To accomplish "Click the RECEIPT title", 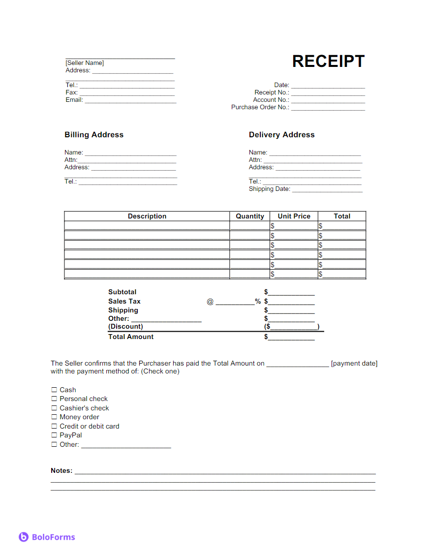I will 328,62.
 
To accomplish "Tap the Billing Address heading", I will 94,135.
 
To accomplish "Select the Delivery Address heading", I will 281,135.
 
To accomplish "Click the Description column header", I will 147,216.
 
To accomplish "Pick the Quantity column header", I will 250,216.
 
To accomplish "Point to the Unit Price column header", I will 294,216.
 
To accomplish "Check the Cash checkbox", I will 54,390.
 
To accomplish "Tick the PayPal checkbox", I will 54,435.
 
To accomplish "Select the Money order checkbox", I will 54,417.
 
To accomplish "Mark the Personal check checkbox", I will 54,399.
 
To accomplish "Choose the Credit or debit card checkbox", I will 54,426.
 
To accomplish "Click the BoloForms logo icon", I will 24,537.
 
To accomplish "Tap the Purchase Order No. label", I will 260,107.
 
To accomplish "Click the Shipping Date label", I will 270,189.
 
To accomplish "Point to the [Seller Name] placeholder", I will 85,63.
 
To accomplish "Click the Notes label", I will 61,471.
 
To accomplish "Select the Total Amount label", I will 131,337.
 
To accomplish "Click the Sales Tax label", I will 124,301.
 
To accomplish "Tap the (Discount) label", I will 125,327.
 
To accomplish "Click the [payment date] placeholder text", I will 354,364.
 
